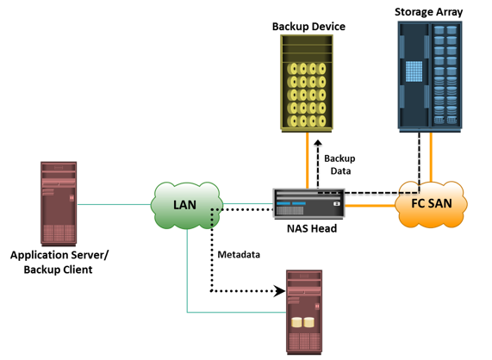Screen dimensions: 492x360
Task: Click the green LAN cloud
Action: pyautogui.click(x=187, y=205)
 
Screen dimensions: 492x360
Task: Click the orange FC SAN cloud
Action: pyautogui.click(x=431, y=204)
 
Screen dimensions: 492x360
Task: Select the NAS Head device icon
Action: pyautogui.click(x=309, y=203)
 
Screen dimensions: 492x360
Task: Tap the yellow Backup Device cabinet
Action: pyautogui.click(x=307, y=83)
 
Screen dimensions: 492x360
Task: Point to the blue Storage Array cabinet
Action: pyautogui.click(x=430, y=77)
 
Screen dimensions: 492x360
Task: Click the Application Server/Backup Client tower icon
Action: pyautogui.click(x=59, y=204)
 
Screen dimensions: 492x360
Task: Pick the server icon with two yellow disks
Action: pyautogui.click(x=304, y=313)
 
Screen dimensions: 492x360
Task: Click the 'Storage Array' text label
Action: pyautogui.click(x=428, y=12)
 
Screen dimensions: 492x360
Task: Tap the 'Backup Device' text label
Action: pyautogui.click(x=308, y=27)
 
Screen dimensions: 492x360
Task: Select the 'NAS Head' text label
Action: pyautogui.click(x=312, y=228)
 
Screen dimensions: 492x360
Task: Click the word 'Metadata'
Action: pyautogui.click(x=239, y=255)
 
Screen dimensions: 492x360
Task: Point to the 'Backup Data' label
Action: pyautogui.click(x=339, y=164)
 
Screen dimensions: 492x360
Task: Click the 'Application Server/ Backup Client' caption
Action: pyautogui.click(x=59, y=262)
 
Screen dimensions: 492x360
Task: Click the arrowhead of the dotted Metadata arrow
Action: pyautogui.click(x=279, y=291)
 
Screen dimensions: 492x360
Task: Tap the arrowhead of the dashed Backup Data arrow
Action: pyautogui.click(x=318, y=143)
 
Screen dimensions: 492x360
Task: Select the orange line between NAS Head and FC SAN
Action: pyautogui.click(x=371, y=206)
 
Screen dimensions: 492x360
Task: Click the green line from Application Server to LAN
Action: pyautogui.click(x=115, y=204)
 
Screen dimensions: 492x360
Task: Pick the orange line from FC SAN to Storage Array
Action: pyautogui.click(x=431, y=157)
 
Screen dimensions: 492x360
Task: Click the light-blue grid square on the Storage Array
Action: pyautogui.click(x=414, y=71)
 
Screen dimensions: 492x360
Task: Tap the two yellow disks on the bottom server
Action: pyautogui.click(x=302, y=323)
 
